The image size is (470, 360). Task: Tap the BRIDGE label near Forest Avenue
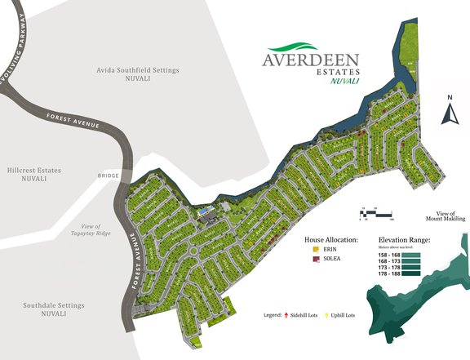pos(108,176)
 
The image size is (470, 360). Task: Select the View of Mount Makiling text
pos(445,217)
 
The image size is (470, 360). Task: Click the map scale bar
pos(377,215)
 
